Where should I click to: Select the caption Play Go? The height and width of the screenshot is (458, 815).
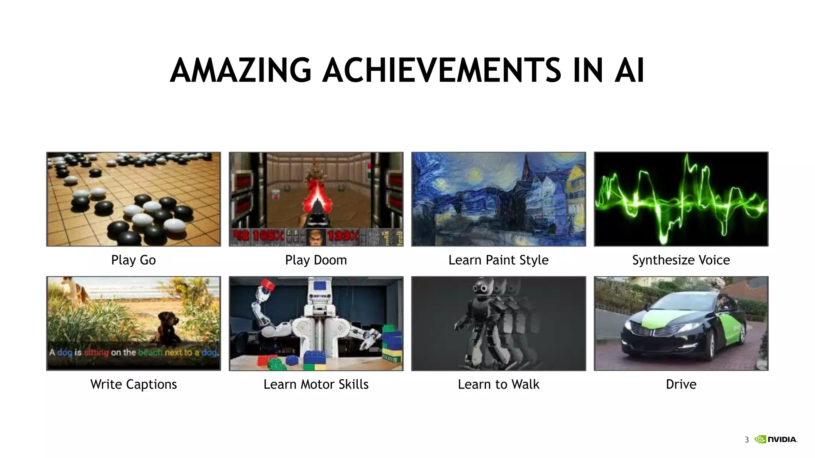coord(133,260)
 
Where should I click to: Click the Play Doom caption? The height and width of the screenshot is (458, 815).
coord(316,260)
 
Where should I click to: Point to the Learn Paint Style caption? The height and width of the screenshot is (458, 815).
coord(498,260)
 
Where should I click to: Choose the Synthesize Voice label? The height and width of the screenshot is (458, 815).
coord(681,260)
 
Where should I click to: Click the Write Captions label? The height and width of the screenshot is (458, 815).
coord(133,384)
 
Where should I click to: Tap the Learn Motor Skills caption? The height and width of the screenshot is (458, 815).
coord(316,384)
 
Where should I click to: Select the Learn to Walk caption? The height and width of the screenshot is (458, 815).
coord(498,384)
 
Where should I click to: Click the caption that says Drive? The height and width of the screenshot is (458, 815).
coord(681,384)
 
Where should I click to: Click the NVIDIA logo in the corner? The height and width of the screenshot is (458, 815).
coord(776,439)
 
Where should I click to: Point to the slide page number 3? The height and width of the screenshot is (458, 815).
coord(747,440)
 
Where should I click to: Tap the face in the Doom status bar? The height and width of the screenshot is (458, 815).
coord(316,237)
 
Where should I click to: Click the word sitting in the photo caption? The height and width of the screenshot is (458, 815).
coord(96,353)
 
